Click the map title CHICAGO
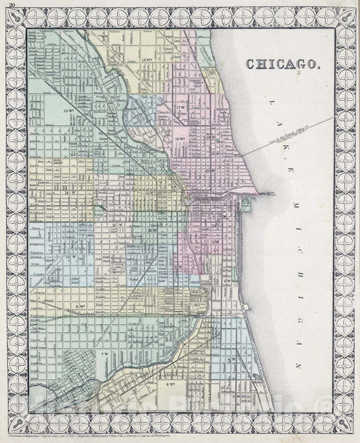tap(283, 64)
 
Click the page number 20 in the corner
tap(5, 4)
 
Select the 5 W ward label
tap(235, 397)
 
